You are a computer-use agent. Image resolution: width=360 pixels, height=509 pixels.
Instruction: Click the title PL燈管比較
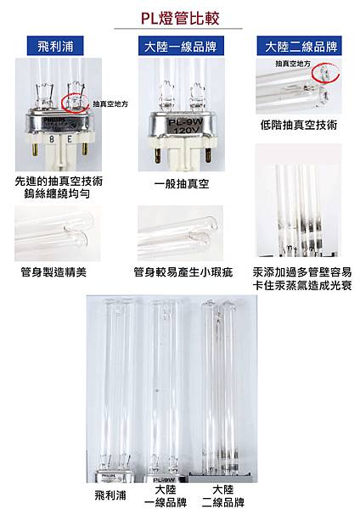click(180, 18)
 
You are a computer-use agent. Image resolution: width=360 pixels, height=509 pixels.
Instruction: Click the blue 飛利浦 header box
click(55, 46)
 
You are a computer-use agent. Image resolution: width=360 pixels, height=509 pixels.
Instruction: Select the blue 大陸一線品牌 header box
click(181, 46)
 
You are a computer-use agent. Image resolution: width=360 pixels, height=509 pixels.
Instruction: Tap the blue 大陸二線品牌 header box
click(299, 46)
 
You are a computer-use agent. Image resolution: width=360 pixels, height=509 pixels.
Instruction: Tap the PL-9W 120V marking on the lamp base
click(186, 126)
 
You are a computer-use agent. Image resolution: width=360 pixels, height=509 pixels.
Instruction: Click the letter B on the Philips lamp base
click(52, 140)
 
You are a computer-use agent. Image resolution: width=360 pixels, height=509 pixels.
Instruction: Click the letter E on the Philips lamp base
click(70, 140)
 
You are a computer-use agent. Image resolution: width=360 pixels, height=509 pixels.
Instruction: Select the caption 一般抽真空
click(182, 184)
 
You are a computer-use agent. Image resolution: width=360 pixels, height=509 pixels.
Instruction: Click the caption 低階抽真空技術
click(299, 125)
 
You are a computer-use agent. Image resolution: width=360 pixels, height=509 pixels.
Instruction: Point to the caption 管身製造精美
click(53, 272)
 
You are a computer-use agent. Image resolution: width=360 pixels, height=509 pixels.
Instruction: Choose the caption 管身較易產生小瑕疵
click(183, 272)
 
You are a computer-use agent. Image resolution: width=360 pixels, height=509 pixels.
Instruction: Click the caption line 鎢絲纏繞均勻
click(57, 193)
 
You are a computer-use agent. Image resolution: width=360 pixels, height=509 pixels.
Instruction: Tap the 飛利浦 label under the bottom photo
click(110, 495)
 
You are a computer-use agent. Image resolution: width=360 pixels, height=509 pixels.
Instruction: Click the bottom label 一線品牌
click(166, 502)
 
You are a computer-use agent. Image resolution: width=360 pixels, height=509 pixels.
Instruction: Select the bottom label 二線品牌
click(223, 502)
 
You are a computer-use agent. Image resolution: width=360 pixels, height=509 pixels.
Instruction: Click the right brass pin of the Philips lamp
click(84, 149)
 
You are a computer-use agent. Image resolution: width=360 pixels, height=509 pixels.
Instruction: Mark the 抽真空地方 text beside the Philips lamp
click(110, 103)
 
